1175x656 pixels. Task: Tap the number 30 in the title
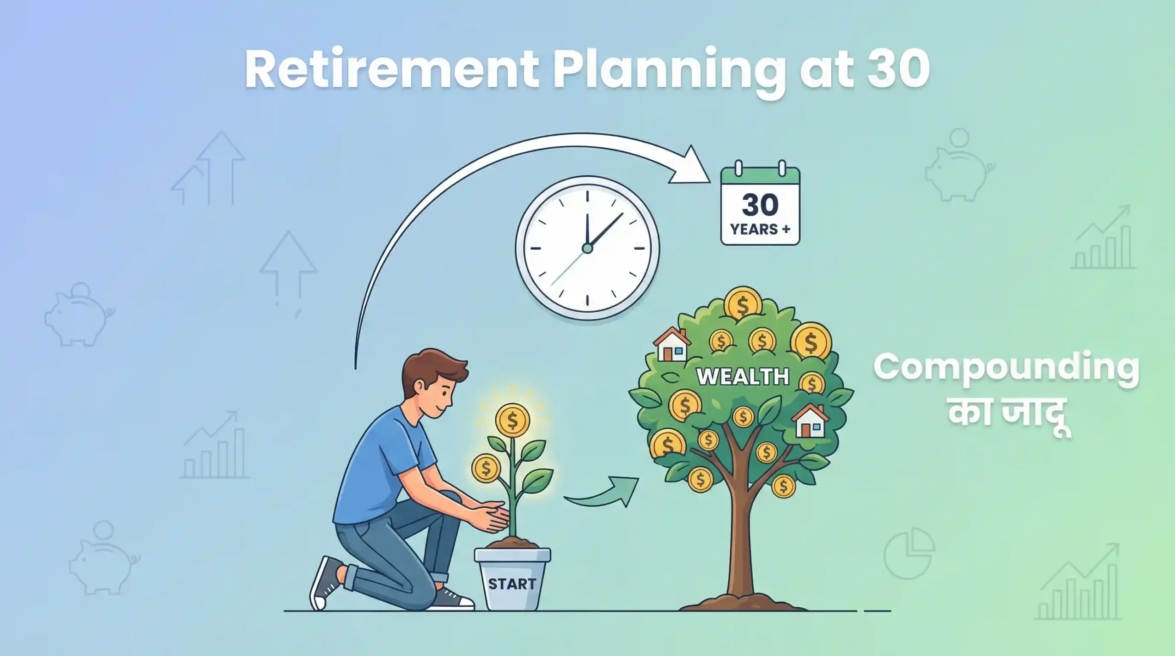(898, 70)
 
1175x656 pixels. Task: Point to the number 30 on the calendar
(760, 204)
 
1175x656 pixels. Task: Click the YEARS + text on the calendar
(760, 229)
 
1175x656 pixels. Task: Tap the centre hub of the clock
(587, 248)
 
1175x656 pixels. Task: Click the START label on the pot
(512, 584)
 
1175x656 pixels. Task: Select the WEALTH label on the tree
(743, 376)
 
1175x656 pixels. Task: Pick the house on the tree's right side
(810, 421)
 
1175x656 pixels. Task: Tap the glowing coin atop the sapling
(512, 420)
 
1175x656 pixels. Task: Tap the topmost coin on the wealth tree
(743, 303)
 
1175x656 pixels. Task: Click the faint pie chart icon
(909, 553)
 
